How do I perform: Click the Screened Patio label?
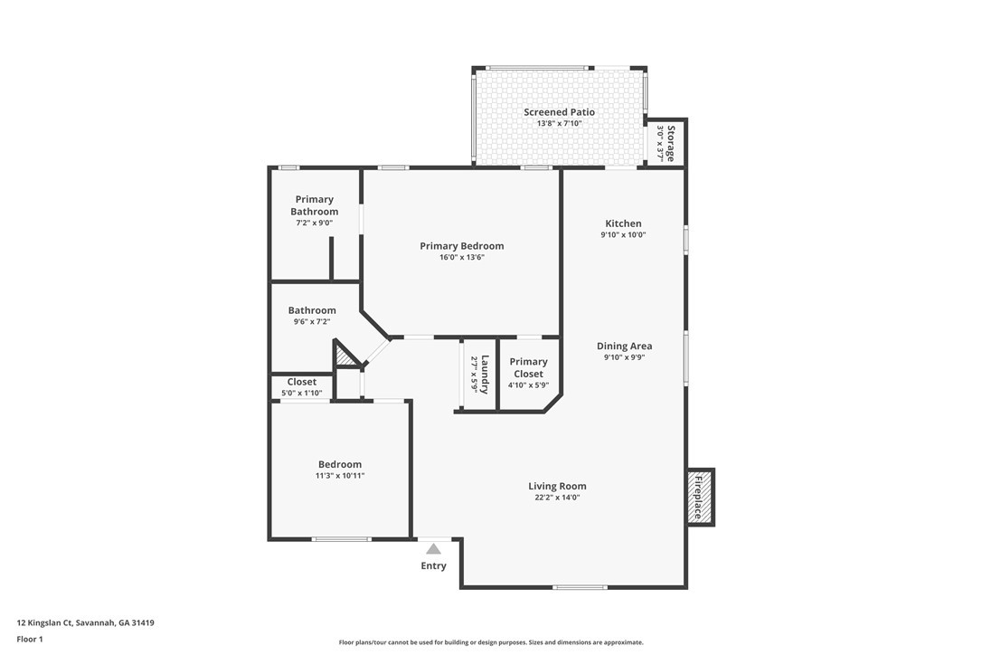coord(559,112)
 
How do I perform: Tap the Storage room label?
coord(671,143)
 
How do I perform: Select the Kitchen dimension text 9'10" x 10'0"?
coord(623,235)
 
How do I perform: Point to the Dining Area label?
coord(624,346)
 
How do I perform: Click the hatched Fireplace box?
coord(699,497)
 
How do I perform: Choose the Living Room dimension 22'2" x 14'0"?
coord(557,498)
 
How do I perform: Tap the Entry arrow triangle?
coord(434,548)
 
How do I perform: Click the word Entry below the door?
coord(433,566)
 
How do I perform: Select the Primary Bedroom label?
coord(461,246)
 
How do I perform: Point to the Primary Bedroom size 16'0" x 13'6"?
coord(461,258)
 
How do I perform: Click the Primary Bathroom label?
coord(314,205)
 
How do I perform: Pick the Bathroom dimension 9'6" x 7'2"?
coord(312,322)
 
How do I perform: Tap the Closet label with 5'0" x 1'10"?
coord(302,382)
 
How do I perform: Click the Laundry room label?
coord(485,374)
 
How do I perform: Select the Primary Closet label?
coord(528,367)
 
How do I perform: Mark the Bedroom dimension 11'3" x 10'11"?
coord(339,476)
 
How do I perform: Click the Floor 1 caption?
coord(30,639)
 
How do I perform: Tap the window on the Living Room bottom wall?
coord(580,588)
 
